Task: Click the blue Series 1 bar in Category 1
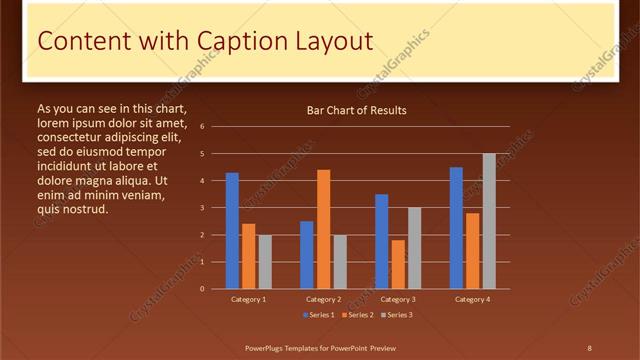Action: pyautogui.click(x=232, y=231)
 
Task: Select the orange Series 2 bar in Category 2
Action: pyautogui.click(x=323, y=229)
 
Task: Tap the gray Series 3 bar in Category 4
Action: pyautogui.click(x=489, y=221)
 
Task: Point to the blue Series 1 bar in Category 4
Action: pyautogui.click(x=456, y=228)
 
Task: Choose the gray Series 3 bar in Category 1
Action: pyautogui.click(x=265, y=262)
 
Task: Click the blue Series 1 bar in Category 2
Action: pyautogui.click(x=307, y=255)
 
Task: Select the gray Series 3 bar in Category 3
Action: pyautogui.click(x=414, y=248)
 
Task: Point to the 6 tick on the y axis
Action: pyautogui.click(x=202, y=127)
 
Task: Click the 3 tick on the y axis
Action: pyautogui.click(x=202, y=208)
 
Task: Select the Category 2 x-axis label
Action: pyautogui.click(x=323, y=299)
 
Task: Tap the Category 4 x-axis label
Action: pyautogui.click(x=473, y=299)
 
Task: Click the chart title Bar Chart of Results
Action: pyautogui.click(x=356, y=110)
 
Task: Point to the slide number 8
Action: pyautogui.click(x=589, y=347)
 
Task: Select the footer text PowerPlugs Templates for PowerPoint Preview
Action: pyautogui.click(x=321, y=347)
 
